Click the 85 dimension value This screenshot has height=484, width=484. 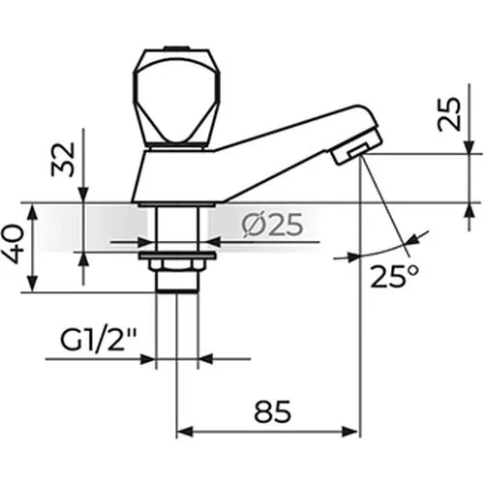click(273, 411)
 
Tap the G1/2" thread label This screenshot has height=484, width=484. click(99, 340)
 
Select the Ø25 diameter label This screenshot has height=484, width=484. click(273, 225)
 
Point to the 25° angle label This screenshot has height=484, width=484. click(394, 276)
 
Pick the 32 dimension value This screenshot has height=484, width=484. click(63, 160)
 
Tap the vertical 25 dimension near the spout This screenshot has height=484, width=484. click(449, 113)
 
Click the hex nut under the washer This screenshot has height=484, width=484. click(177, 264)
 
